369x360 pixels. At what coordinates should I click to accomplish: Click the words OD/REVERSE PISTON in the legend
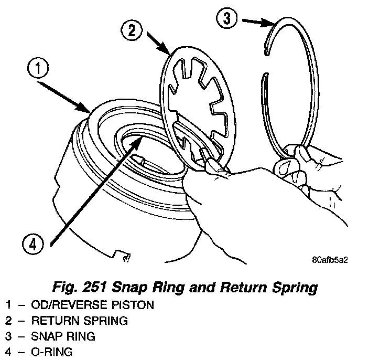(93, 304)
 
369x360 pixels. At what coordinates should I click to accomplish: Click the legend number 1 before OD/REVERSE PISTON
(8, 304)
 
